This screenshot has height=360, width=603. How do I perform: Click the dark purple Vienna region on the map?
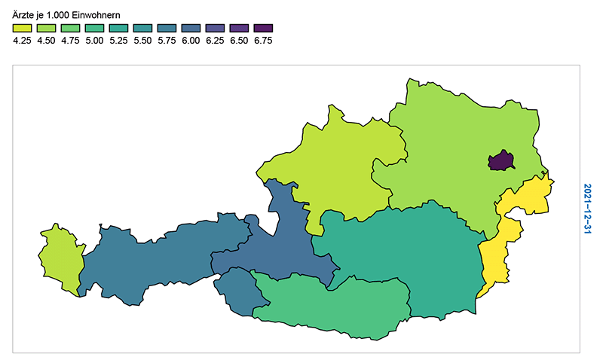(x=501, y=160)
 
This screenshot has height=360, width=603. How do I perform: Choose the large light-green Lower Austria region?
(x=452, y=143)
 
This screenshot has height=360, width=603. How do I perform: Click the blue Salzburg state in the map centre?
(x=290, y=241)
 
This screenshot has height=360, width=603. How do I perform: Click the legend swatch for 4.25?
(x=22, y=28)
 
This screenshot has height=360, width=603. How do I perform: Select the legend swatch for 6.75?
(x=263, y=28)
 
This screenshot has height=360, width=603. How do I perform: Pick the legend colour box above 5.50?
(x=142, y=28)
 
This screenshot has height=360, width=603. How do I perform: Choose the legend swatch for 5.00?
(x=94, y=28)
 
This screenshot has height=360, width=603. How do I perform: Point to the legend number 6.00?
(x=191, y=41)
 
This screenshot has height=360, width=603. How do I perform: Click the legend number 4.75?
(x=70, y=41)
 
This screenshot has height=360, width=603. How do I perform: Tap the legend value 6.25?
(x=215, y=41)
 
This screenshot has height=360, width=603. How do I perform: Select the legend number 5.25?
(x=118, y=41)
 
